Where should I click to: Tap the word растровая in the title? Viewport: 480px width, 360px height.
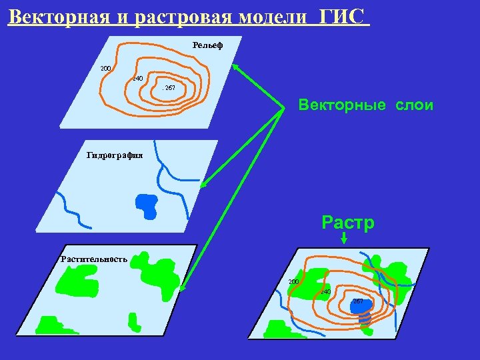click(x=175, y=16)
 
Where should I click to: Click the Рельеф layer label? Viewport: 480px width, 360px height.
click(x=207, y=45)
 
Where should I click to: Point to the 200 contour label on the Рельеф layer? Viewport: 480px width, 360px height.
click(x=105, y=68)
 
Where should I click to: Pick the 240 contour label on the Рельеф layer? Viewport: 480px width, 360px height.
click(x=138, y=79)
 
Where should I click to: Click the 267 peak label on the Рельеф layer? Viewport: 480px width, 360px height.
click(x=169, y=87)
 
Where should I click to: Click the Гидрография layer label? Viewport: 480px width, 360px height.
click(x=115, y=155)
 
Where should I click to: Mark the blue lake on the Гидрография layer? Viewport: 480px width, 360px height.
click(x=147, y=204)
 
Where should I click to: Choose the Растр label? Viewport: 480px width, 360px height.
click(x=348, y=222)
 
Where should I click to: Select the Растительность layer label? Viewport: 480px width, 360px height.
click(x=94, y=259)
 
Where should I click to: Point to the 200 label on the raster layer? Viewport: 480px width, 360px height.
click(x=293, y=281)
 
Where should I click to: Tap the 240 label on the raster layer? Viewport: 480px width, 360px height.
click(x=325, y=292)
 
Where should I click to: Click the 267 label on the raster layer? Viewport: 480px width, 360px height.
click(x=358, y=301)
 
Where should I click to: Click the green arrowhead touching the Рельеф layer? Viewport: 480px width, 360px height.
click(x=236, y=67)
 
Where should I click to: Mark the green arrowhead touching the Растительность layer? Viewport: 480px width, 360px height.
click(x=183, y=288)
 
